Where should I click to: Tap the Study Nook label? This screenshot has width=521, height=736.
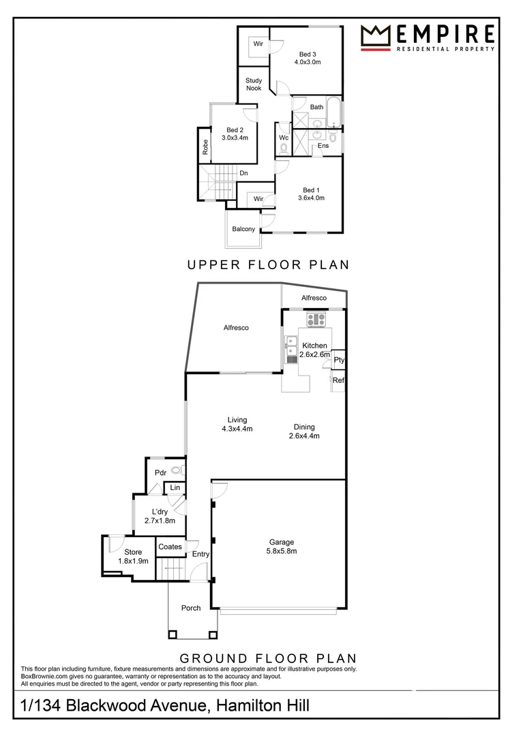click(x=254, y=85)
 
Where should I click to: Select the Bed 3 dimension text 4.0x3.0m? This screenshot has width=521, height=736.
click(x=308, y=62)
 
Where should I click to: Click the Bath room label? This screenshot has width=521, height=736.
click(x=316, y=107)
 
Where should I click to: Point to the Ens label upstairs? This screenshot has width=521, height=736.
click(x=323, y=146)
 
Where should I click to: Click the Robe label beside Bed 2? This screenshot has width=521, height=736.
click(x=205, y=147)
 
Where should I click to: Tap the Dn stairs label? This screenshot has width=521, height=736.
click(x=243, y=173)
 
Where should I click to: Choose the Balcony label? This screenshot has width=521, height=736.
click(x=243, y=229)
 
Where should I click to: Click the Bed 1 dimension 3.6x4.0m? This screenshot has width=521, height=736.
click(x=311, y=198)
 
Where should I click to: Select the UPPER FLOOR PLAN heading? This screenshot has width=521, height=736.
click(x=268, y=264)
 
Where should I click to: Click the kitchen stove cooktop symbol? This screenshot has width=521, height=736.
click(x=316, y=318)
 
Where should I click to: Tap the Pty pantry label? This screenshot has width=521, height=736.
click(x=339, y=360)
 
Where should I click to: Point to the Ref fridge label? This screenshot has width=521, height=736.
click(x=338, y=380)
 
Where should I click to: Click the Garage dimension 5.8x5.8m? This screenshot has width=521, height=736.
click(x=282, y=551)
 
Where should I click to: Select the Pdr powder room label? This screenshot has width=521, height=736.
click(x=161, y=472)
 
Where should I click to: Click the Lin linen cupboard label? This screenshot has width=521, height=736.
click(x=175, y=487)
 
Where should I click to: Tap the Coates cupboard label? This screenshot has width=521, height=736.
click(x=170, y=547)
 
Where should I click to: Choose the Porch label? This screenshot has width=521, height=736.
click(x=191, y=608)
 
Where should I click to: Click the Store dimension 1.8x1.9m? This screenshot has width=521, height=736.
click(x=133, y=561)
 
